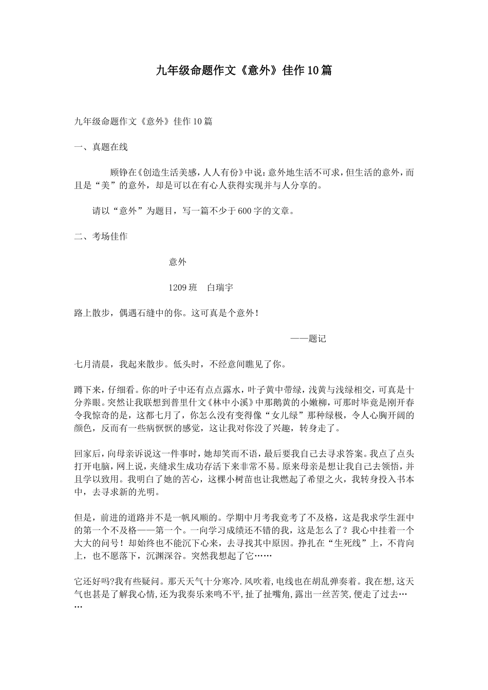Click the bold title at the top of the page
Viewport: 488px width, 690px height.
[244, 71]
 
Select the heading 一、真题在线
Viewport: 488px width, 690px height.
[101, 147]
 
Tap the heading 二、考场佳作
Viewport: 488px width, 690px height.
[101, 237]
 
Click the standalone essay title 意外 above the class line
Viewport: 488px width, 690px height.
[178, 262]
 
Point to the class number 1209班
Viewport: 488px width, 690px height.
[183, 288]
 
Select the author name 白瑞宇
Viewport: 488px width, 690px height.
[220, 288]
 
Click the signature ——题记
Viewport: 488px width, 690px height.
[308, 339]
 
